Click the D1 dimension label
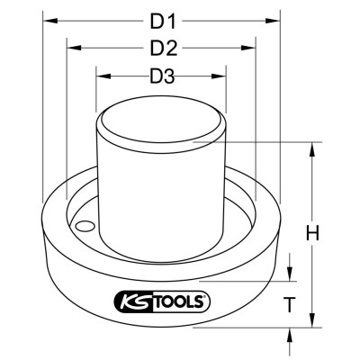pyautogui.click(x=163, y=21)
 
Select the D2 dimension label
pyautogui.click(x=164, y=48)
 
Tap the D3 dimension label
pyautogui.click(x=162, y=76)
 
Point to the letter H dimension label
pyautogui.click(x=312, y=233)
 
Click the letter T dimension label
pyautogui.click(x=290, y=304)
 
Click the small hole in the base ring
pyautogui.click(x=85, y=226)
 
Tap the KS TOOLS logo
pyautogui.click(x=162, y=301)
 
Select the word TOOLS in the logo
pyautogui.click(x=181, y=301)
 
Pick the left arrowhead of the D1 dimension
pyautogui.click(x=50, y=21)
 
